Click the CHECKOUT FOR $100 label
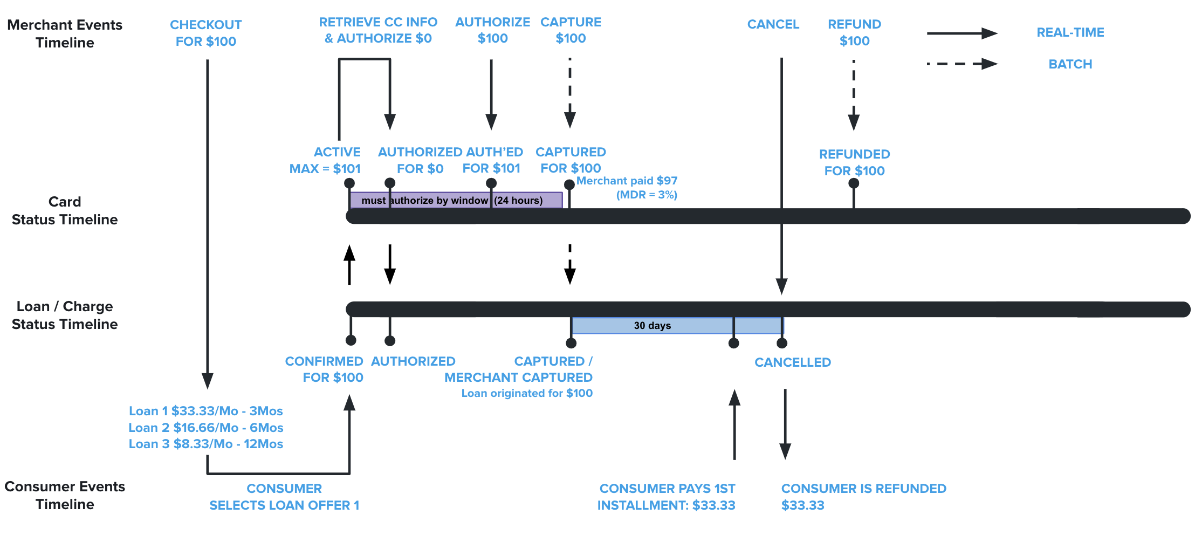coord(206,33)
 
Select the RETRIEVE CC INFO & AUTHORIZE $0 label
coord(378,30)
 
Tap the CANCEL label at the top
coord(773,24)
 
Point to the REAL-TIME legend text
coord(1070,32)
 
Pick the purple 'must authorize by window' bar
coord(456,200)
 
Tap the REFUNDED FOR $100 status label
coord(854,162)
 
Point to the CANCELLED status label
coord(792,362)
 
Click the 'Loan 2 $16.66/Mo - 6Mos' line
coord(206,428)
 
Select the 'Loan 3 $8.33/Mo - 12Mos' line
coord(206,444)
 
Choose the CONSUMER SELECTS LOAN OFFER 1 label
coord(284,497)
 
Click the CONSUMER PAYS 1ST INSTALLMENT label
coord(667,497)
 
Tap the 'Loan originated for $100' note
coord(527,393)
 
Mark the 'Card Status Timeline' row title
coord(65,210)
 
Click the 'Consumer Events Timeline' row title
coord(65,495)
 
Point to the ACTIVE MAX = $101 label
coord(325,160)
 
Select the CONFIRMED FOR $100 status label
coord(324,369)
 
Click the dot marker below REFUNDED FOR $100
coord(854,183)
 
